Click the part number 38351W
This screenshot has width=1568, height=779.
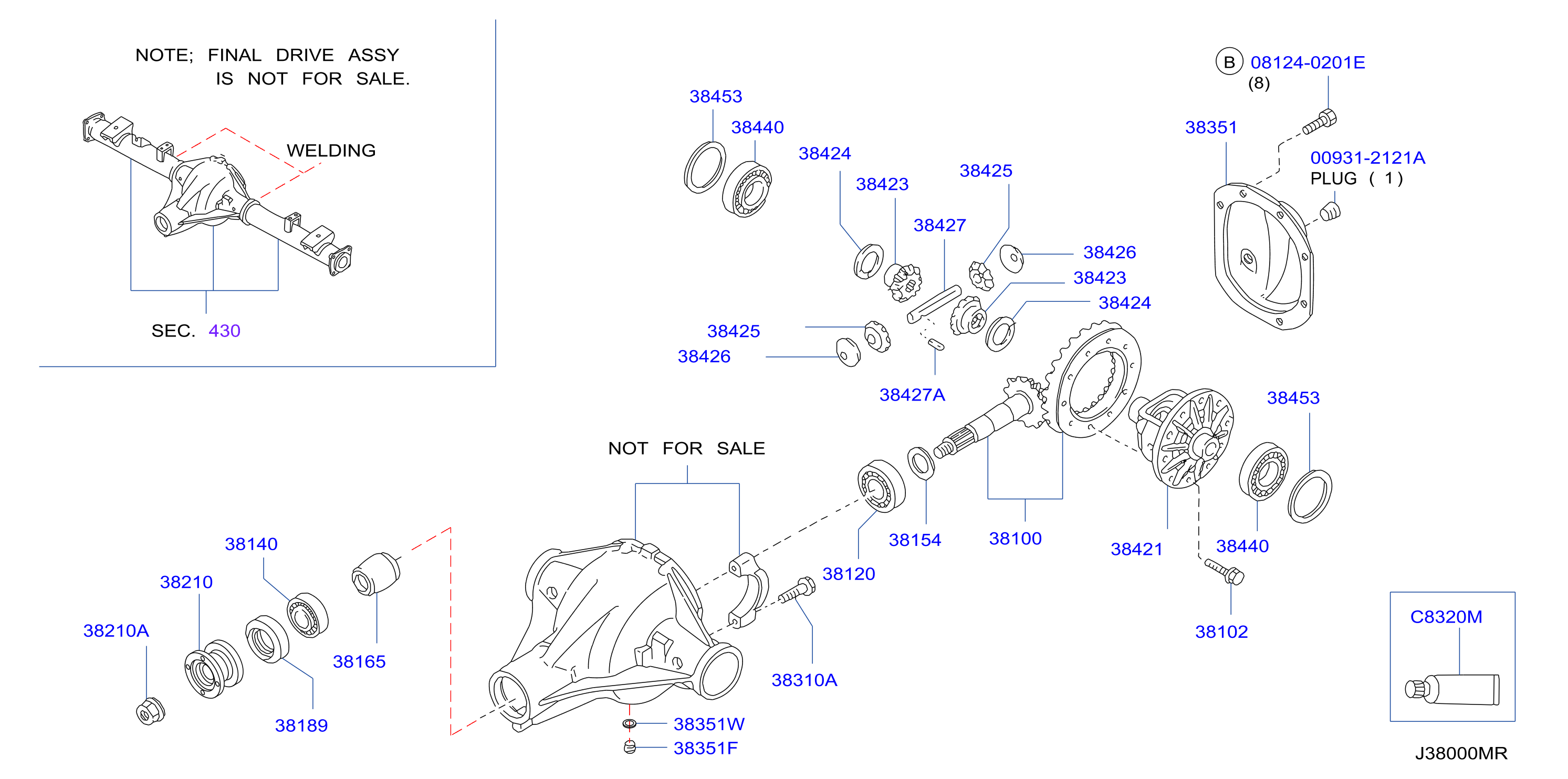click(708, 724)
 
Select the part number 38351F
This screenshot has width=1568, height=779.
click(705, 748)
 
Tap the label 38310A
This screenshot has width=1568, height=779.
click(804, 680)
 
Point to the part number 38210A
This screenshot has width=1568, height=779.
click(116, 630)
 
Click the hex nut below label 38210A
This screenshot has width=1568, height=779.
click(150, 711)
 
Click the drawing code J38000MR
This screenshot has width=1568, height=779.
click(1461, 753)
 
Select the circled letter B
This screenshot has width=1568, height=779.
click(1229, 61)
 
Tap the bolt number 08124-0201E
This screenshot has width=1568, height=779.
click(1308, 62)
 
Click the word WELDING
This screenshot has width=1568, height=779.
click(331, 150)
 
